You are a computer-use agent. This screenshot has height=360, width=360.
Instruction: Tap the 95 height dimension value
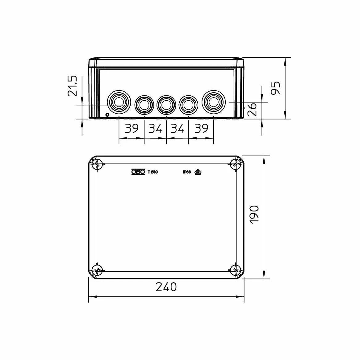[x=275, y=88]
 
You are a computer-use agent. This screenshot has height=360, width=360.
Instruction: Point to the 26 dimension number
[x=252, y=109]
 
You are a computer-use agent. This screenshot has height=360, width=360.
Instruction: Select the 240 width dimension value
[x=166, y=287]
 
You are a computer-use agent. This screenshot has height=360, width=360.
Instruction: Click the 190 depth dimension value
[x=254, y=215]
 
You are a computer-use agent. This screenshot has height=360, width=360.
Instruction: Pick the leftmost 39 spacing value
[x=132, y=128]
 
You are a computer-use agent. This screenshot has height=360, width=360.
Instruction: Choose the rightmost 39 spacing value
[x=201, y=128]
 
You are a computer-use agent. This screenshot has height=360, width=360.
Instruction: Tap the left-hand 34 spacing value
[x=155, y=128]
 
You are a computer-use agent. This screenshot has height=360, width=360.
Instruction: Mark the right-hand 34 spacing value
[x=177, y=128]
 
